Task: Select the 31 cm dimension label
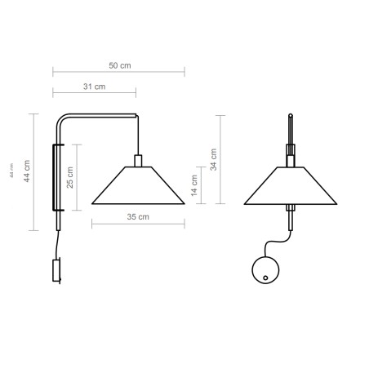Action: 94,86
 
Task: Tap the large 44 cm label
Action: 28,171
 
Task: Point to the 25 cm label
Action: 70,176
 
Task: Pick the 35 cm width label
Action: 136,217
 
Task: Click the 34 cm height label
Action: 214,158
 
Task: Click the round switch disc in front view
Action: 265,269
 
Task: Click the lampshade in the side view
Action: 136,186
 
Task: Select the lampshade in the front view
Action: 291,186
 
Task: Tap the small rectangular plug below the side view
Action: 57,270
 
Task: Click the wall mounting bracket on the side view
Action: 56,176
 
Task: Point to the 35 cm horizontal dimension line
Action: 136,225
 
